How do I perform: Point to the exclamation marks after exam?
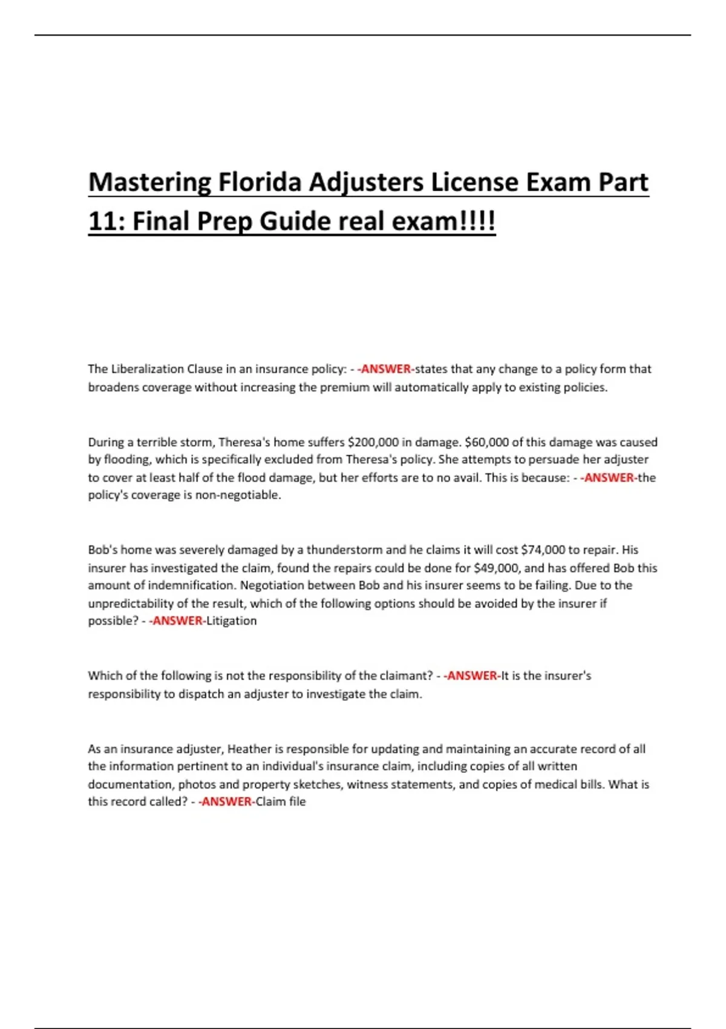pos(478,221)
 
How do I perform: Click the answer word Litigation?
pos(232,621)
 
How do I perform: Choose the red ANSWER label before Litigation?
pos(177,621)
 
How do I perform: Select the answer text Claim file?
pos(281,802)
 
